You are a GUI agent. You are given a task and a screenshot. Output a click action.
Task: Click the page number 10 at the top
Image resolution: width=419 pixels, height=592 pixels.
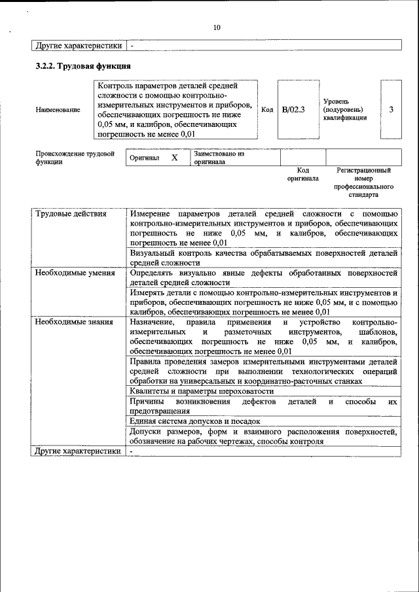tap(217, 27)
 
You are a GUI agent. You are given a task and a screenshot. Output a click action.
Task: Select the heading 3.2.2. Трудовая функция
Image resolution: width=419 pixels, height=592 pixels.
tap(83, 66)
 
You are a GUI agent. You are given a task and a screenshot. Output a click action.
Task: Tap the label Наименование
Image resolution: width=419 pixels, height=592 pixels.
tap(58, 110)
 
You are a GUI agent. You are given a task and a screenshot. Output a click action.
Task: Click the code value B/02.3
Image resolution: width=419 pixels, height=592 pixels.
tap(293, 109)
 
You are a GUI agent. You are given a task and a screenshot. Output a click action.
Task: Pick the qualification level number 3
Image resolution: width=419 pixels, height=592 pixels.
tap(391, 109)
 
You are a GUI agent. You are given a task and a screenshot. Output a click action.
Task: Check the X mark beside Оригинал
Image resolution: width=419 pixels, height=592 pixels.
tap(174, 158)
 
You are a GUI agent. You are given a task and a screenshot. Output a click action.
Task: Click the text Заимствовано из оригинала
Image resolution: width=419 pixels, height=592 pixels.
tap(219, 158)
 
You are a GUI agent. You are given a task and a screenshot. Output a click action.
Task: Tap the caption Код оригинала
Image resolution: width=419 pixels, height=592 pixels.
tap(302, 174)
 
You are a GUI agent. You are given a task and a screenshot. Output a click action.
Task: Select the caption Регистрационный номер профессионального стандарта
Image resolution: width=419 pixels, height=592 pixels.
tap(363, 182)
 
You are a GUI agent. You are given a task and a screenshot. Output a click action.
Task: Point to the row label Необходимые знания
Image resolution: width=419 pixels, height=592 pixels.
tap(74, 322)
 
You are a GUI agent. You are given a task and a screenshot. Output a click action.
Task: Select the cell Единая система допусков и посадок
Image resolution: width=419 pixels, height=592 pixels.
tap(194, 422)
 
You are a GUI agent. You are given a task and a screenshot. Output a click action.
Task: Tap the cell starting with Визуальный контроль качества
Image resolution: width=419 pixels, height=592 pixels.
tap(263, 257)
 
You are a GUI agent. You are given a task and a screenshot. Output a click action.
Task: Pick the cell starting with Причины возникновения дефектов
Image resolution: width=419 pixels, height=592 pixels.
tap(263, 406)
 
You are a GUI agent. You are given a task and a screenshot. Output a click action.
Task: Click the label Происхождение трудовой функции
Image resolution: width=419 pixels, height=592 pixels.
tap(75, 158)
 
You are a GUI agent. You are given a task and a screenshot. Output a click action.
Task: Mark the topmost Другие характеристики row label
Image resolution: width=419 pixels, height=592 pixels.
tap(79, 46)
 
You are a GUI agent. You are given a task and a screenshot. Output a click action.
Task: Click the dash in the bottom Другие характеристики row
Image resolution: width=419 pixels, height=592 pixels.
tap(132, 451)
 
